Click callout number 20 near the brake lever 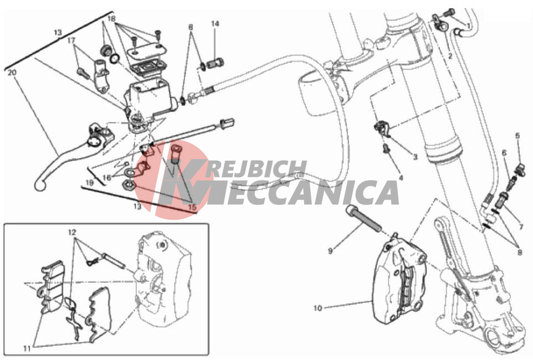point(12,73)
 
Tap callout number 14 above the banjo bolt point(215,24)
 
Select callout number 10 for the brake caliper point(317,308)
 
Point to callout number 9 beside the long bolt point(330,251)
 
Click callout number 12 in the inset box point(72,233)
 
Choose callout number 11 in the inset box point(27,348)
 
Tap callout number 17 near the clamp point(71,41)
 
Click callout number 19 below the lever point(89,183)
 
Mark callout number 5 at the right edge point(517,136)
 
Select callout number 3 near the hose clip point(415,157)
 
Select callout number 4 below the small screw point(401,178)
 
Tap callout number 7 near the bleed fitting point(521,227)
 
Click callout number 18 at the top point(111,19)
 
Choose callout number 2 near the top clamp point(450,56)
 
